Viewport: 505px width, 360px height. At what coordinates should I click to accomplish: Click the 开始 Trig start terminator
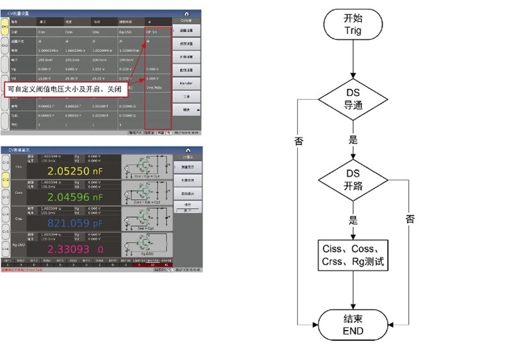click(353, 24)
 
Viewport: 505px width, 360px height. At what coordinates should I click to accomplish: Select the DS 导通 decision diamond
click(353, 100)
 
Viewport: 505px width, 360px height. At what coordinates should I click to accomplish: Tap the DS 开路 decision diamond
click(353, 180)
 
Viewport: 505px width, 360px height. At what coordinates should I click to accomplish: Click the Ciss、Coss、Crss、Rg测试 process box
click(353, 256)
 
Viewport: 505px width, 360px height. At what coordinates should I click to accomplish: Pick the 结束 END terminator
click(353, 325)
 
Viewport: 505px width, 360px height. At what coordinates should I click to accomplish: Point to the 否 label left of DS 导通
click(299, 141)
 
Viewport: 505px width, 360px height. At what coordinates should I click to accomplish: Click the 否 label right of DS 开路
click(410, 218)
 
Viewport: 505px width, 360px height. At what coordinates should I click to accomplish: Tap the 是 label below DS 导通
click(353, 139)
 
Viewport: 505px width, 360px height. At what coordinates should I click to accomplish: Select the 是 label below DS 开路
click(353, 220)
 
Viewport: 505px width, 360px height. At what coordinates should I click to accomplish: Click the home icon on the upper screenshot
click(186, 13)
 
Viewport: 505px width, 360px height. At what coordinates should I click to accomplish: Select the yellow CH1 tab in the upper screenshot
click(5, 27)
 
